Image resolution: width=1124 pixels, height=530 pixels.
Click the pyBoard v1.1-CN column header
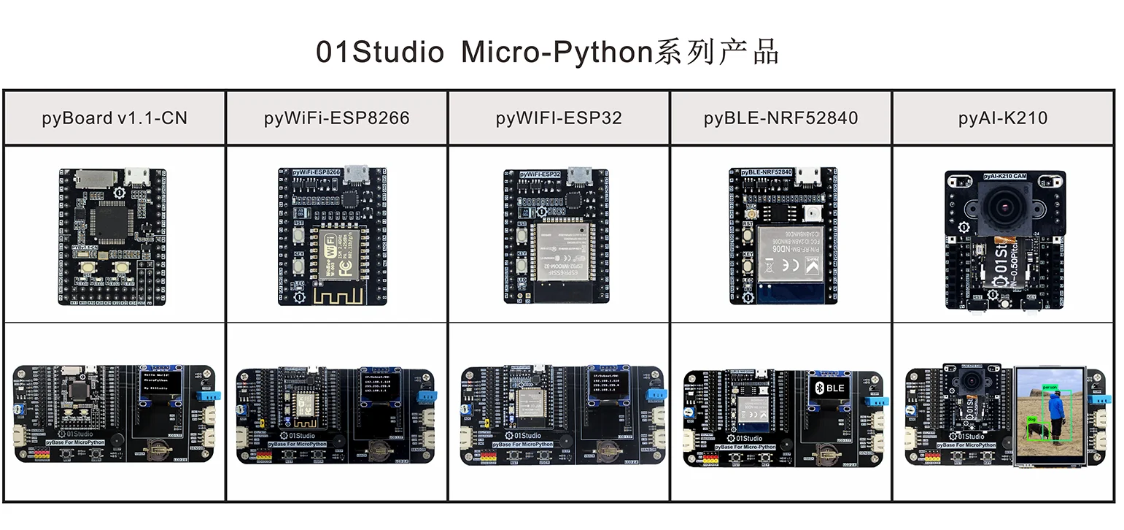[115, 118]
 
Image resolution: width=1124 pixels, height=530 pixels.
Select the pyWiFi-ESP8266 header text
[336, 118]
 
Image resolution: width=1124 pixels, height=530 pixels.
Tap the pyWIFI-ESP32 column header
[559, 118]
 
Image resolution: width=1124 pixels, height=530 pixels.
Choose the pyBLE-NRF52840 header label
[780, 118]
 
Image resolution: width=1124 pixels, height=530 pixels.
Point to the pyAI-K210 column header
[1003, 118]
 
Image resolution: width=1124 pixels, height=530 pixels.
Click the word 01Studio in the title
[379, 53]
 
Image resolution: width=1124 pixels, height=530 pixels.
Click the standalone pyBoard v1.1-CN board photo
[112, 237]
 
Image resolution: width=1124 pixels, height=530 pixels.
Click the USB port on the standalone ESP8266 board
[356, 174]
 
